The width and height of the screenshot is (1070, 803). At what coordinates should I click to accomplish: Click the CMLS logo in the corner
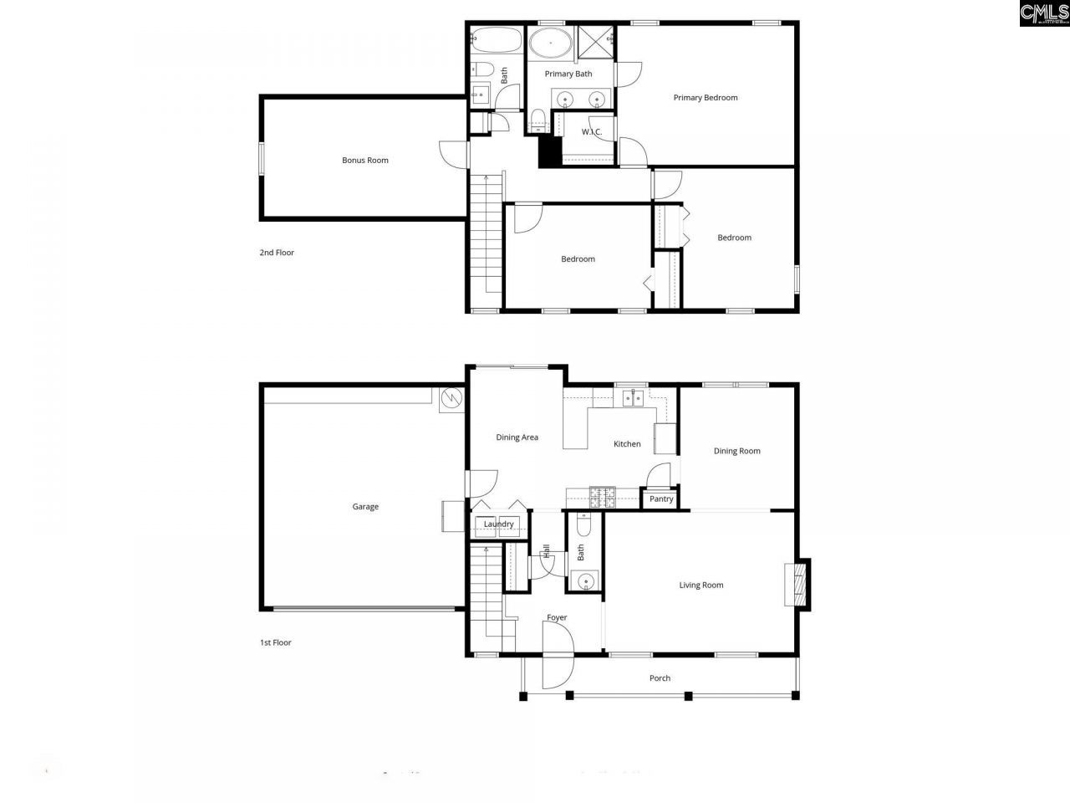(1043, 13)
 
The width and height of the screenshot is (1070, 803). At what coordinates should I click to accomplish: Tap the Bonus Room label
(365, 161)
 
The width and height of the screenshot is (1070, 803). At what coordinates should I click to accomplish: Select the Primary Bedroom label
(706, 98)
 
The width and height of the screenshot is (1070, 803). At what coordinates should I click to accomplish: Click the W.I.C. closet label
(592, 132)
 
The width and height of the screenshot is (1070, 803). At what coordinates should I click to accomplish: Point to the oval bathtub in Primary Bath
(549, 42)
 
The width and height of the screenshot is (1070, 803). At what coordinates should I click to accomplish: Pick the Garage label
(365, 507)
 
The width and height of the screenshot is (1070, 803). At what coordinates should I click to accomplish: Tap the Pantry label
(661, 499)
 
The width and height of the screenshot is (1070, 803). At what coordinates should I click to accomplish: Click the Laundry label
(499, 524)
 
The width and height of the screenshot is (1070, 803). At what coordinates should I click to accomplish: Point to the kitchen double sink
(632, 398)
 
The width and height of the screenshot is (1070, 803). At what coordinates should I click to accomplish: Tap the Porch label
(660, 678)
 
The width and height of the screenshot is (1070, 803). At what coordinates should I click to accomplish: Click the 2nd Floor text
(277, 253)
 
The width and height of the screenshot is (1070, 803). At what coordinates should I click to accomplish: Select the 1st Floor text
(275, 643)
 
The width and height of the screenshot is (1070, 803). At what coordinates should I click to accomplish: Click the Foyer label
(557, 618)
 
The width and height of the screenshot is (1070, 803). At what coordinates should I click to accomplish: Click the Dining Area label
(517, 437)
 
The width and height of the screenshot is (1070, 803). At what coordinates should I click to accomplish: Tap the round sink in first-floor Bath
(584, 580)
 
